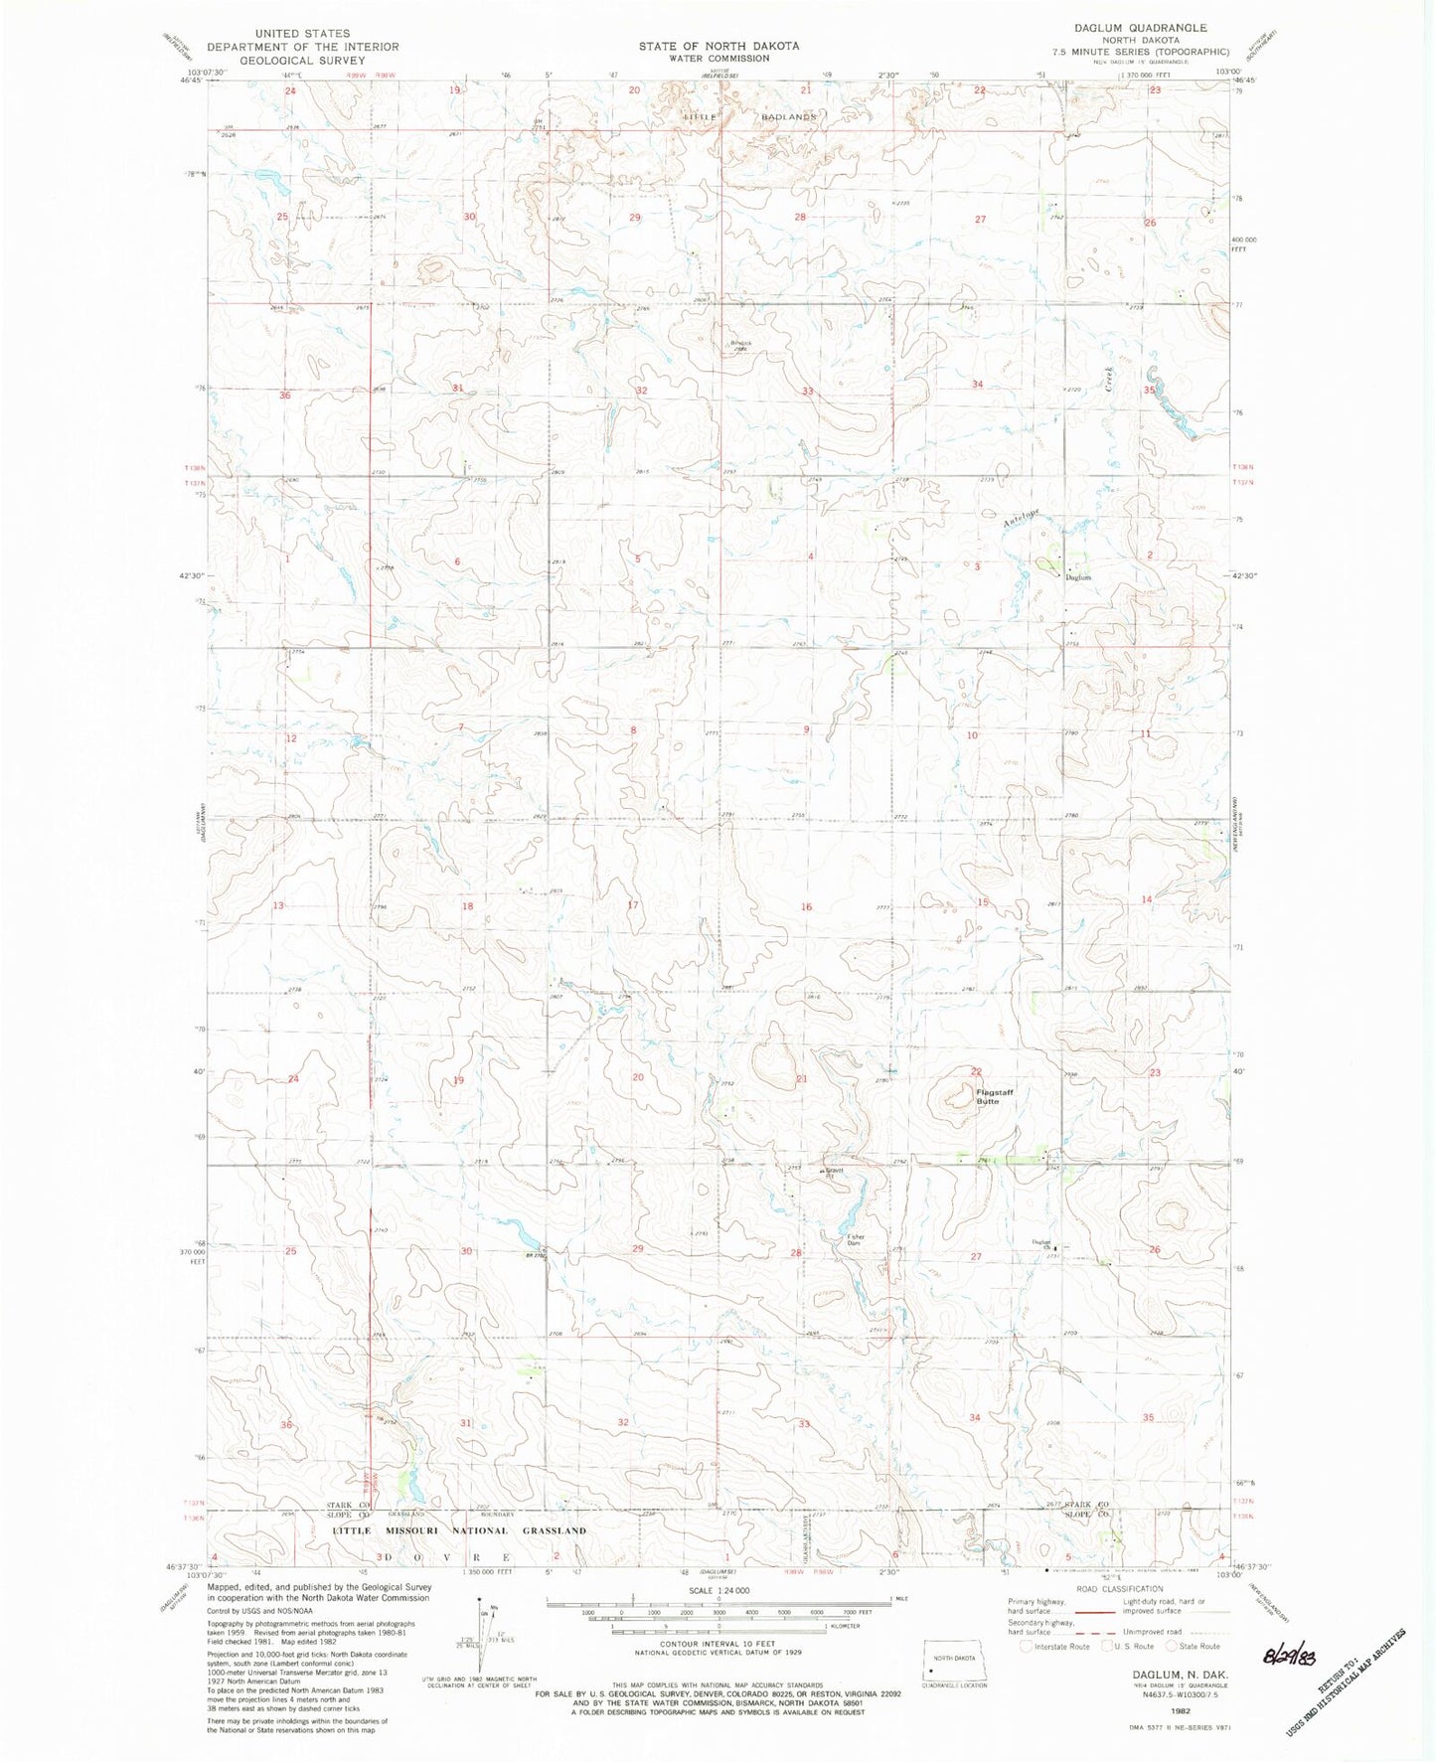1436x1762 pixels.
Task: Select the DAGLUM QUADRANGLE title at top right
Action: (1154, 29)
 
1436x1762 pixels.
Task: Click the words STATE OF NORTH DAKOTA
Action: (718, 46)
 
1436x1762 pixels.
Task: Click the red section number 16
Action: (806, 906)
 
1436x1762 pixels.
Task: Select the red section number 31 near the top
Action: (457, 387)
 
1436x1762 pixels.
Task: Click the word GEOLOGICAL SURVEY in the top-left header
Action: (274, 61)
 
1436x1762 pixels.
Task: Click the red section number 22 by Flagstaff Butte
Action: (976, 1071)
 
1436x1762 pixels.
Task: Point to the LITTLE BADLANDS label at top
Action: (750, 116)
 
